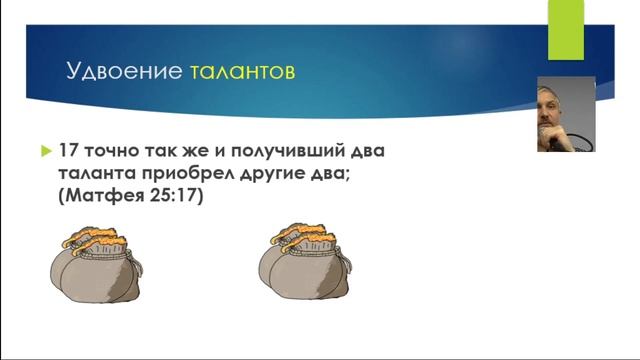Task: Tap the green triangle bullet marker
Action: pos(45,151)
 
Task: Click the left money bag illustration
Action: pos(91,271)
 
